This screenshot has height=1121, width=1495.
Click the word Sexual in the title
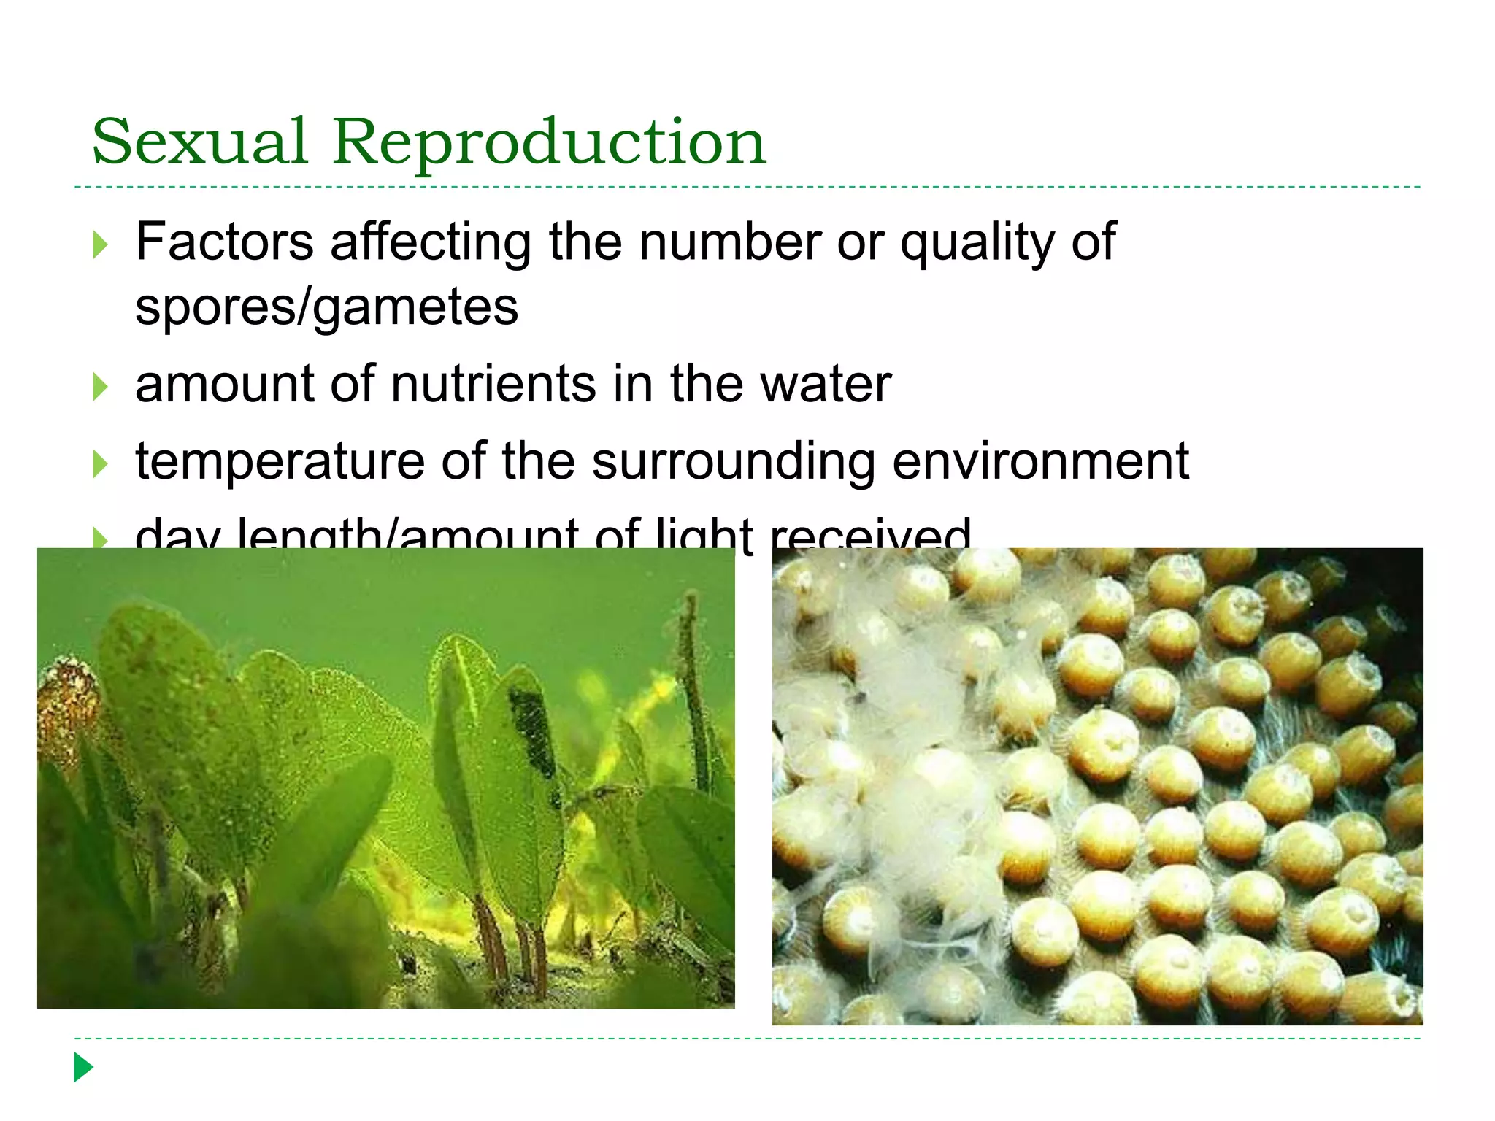coord(199,142)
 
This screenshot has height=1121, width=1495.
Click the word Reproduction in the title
coord(549,142)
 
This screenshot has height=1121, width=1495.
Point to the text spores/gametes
coord(326,307)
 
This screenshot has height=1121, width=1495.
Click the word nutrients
coord(493,385)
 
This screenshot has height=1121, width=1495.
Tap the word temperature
coord(280,462)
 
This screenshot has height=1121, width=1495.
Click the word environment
coord(1041,462)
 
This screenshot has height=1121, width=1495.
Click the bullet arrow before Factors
coord(101,245)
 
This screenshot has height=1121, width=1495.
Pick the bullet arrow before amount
coord(101,387)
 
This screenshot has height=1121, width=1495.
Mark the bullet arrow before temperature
coord(101,464)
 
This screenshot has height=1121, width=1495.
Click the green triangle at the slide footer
coord(84,1067)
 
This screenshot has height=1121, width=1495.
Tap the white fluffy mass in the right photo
coord(912,774)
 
